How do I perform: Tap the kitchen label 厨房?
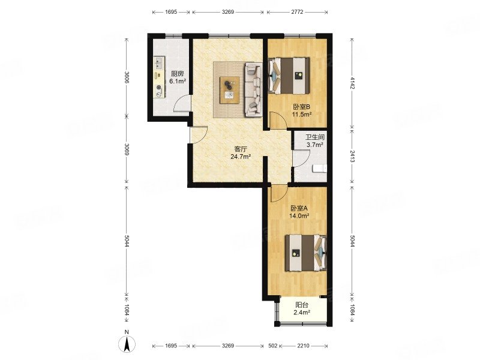(178, 74)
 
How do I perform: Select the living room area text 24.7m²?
(241, 157)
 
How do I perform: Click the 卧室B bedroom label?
(302, 107)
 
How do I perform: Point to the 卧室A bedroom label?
(299, 208)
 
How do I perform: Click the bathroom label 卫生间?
(315, 137)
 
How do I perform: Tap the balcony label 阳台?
(302, 305)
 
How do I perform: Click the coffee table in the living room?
(230, 91)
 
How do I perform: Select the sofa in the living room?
(253, 89)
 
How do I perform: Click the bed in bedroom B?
(289, 76)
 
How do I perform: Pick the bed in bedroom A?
(306, 253)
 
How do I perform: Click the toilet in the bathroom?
(320, 169)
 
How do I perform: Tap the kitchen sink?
(158, 64)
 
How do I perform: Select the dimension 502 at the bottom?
(273, 346)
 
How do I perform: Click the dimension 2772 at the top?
(297, 12)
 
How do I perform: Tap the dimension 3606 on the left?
(127, 77)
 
